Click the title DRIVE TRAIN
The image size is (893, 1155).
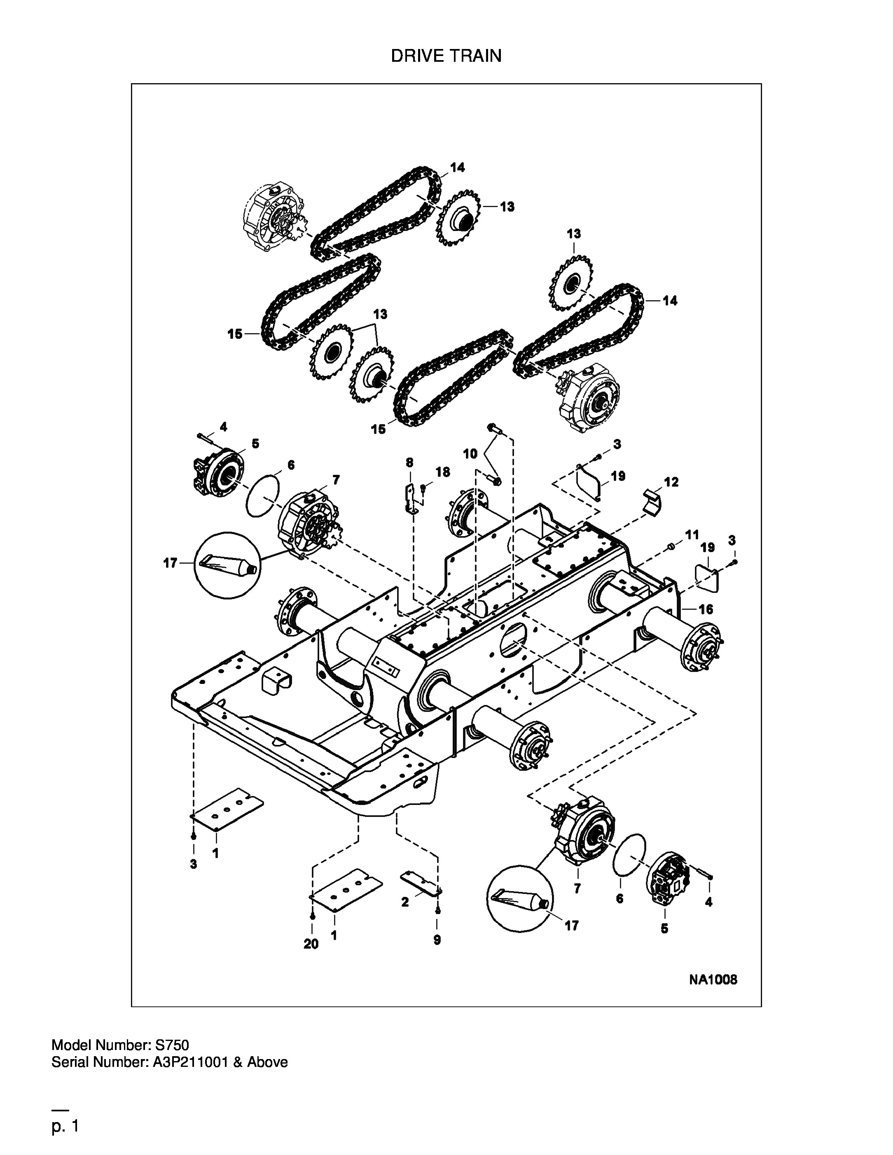(x=446, y=56)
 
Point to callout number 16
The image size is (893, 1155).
(x=706, y=609)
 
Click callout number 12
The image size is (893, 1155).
(x=671, y=482)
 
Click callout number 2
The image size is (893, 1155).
(x=405, y=902)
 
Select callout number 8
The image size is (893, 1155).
(x=409, y=462)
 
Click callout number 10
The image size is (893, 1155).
(x=470, y=453)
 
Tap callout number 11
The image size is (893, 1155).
(x=692, y=534)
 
